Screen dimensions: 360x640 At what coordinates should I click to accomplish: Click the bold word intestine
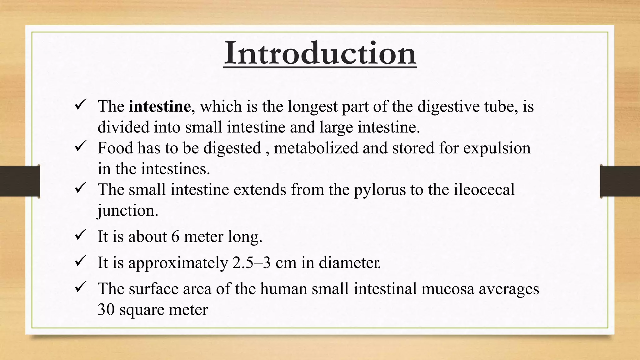click(160, 107)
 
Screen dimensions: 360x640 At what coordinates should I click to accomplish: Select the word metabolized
click(316, 148)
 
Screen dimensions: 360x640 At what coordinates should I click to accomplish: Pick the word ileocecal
click(484, 189)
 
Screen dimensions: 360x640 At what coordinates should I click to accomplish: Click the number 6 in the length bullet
click(175, 237)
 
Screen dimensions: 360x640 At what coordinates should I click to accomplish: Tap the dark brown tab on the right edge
click(620, 181)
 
